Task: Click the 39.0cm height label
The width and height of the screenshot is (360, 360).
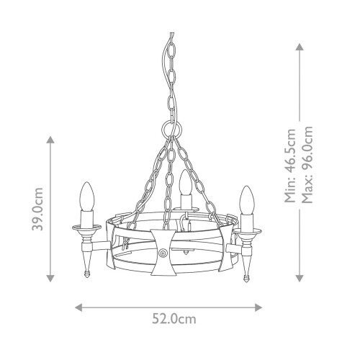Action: tap(37, 209)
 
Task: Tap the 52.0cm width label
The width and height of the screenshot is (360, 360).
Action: tap(174, 319)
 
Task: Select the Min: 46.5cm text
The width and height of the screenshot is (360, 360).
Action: tap(290, 166)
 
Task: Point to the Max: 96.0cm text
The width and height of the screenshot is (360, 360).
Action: tap(307, 164)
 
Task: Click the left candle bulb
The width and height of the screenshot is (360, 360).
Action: tap(87, 197)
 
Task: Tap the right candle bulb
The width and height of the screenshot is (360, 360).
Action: tap(247, 200)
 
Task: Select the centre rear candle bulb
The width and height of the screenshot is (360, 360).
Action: tap(185, 182)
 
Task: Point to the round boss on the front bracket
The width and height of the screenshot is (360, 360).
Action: tap(163, 253)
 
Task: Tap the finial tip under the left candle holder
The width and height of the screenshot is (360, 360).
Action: tap(87, 274)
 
